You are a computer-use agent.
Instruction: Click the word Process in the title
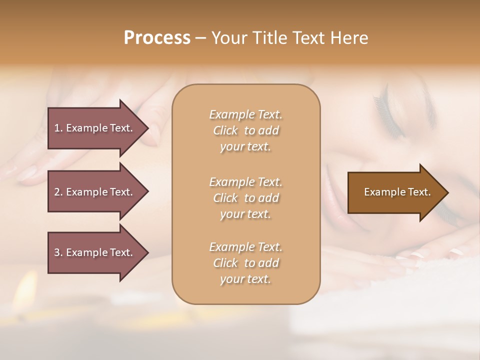click(x=157, y=38)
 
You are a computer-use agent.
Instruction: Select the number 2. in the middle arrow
click(x=58, y=192)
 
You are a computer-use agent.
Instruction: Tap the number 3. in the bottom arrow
click(x=58, y=252)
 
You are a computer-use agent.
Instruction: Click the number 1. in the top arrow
click(x=58, y=128)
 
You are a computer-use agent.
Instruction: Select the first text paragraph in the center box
click(x=245, y=130)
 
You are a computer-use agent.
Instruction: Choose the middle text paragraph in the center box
click(x=245, y=198)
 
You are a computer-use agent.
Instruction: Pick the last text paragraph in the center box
click(x=245, y=263)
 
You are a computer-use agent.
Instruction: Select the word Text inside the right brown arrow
click(x=419, y=192)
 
